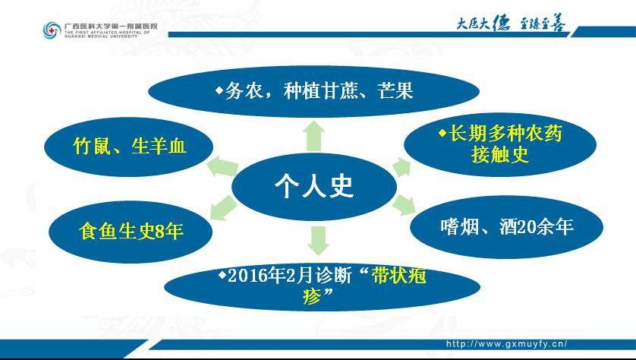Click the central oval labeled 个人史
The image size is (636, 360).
pyautogui.click(x=314, y=187)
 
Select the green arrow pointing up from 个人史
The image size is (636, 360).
pyautogui.click(x=314, y=136)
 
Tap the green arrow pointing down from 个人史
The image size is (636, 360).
pyautogui.click(x=318, y=240)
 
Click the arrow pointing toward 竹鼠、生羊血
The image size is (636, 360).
pyautogui.click(x=222, y=166)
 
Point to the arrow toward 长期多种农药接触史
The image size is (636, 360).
pyautogui.click(x=401, y=167)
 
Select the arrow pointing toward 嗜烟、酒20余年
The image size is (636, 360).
pyautogui.click(x=404, y=204)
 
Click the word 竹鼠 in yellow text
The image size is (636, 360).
pyautogui.click(x=92, y=146)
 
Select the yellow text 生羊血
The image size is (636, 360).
pyautogui.click(x=159, y=146)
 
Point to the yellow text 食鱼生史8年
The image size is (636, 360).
pyautogui.click(x=131, y=232)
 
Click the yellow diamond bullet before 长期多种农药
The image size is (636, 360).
pyautogui.click(x=442, y=133)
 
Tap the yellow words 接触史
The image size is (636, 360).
pyautogui.click(x=500, y=154)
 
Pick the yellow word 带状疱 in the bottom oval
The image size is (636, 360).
pyautogui.click(x=398, y=276)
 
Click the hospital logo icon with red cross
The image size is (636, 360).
pyautogui.click(x=52, y=30)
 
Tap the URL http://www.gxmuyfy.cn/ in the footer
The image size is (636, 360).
pyautogui.click(x=507, y=344)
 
